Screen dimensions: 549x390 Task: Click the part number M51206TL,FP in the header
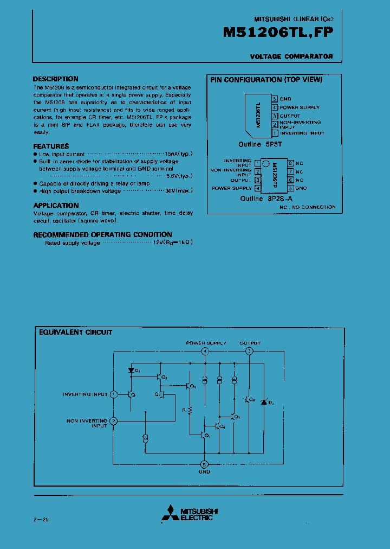(x=278, y=33)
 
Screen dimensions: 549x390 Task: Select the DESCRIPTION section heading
(x=55, y=79)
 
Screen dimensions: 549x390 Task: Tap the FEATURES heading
(x=51, y=146)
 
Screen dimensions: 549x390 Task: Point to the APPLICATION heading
(x=56, y=205)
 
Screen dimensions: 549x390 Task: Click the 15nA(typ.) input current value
(x=178, y=154)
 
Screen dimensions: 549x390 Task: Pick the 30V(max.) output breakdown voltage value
(x=179, y=190)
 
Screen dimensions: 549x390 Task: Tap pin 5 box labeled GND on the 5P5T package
(x=275, y=99)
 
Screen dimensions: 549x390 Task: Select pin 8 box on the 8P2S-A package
(x=290, y=163)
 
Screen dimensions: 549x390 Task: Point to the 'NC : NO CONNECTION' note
(x=307, y=207)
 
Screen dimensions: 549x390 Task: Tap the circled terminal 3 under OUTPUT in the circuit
(x=249, y=352)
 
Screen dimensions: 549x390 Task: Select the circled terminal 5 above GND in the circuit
(x=204, y=464)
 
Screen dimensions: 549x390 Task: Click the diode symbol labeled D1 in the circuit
(x=131, y=371)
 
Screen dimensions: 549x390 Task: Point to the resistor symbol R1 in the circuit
(x=190, y=411)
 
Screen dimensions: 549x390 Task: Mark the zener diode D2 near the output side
(x=264, y=401)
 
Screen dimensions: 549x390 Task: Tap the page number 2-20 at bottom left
(x=40, y=520)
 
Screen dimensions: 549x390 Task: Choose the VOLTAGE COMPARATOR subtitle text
(x=291, y=56)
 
